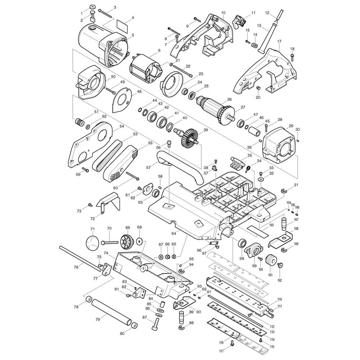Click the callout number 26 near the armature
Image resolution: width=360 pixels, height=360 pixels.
(229, 99)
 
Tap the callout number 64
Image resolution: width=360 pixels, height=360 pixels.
(174, 234)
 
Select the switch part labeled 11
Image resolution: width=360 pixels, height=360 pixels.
(239, 22)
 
